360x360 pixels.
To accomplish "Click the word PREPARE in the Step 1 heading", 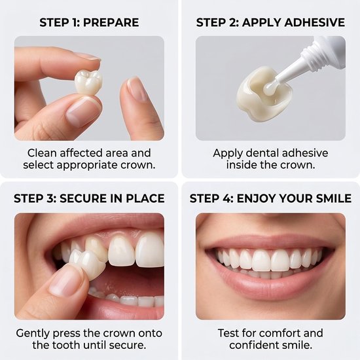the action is [x=111, y=22].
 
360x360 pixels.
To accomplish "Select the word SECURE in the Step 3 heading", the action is [x=83, y=198].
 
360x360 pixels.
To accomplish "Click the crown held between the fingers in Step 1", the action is [x=88, y=82].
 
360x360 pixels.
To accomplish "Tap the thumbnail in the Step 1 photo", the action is [x=82, y=111].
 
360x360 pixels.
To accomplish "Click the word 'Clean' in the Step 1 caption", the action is [x=42, y=153].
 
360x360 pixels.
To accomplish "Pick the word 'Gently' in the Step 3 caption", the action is [x=33, y=334].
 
